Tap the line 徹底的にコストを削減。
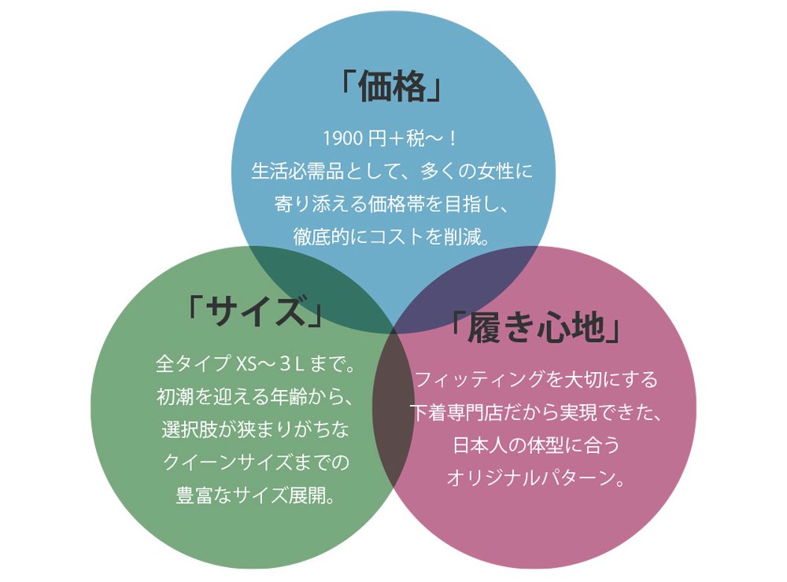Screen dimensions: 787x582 [391, 237]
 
